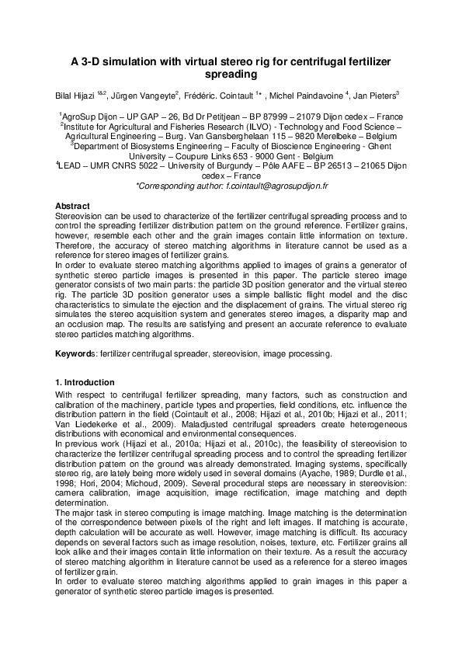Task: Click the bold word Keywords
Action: [x=75, y=354]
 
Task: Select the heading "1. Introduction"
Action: [x=85, y=382]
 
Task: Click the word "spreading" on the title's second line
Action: [x=231, y=75]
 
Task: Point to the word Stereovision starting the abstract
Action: [x=78, y=214]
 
